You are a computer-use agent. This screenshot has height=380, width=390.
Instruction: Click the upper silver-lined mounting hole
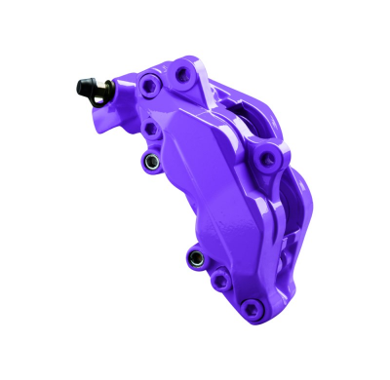coord(148,161)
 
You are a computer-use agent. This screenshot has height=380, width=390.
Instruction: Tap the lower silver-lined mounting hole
coord(195,258)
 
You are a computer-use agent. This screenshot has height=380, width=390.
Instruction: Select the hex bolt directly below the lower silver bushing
coord(220,281)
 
